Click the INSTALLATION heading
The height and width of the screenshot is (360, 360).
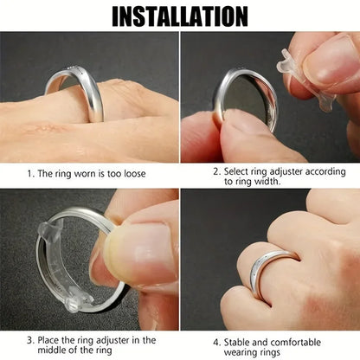(x=180, y=15)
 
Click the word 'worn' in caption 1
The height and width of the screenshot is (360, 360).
(x=87, y=174)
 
